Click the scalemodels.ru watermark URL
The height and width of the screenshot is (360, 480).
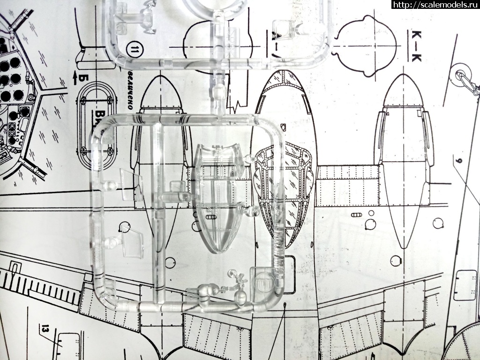[x=435, y=5]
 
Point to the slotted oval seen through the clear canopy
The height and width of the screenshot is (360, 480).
[x=210, y=218]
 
